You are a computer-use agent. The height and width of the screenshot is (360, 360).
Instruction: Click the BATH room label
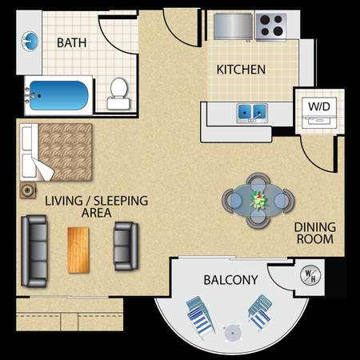coord(72,42)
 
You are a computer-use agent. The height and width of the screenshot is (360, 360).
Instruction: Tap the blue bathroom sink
coord(30,41)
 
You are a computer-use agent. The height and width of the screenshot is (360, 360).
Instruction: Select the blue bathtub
coord(58,95)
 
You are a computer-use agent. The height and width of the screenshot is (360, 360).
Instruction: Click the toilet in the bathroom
coord(118,94)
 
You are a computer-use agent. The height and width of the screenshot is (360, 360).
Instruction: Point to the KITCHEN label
coord(241,70)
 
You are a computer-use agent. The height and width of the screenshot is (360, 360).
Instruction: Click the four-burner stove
coord(271,26)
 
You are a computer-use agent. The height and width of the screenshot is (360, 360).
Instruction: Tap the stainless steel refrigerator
coord(233,26)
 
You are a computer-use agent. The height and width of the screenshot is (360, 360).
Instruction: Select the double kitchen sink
coord(252,113)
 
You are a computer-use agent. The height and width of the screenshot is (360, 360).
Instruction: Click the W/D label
coord(319,106)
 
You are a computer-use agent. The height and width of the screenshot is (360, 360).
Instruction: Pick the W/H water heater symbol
coord(310,276)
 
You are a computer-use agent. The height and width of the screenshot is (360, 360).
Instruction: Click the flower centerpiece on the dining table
coord(258,200)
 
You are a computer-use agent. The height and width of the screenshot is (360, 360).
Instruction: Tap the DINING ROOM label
coord(315,233)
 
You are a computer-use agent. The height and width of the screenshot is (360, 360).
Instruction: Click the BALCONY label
coord(230,280)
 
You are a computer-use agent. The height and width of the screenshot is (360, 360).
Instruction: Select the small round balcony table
coord(233,333)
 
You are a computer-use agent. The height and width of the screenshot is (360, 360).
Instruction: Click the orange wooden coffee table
coord(78,250)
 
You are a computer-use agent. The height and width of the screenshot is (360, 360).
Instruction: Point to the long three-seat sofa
coord(34,251)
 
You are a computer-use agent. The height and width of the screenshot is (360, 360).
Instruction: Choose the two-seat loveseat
coord(126,246)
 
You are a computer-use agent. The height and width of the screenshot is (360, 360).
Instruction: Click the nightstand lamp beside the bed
coord(27,190)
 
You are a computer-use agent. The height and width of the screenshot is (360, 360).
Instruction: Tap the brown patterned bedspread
coord(65,152)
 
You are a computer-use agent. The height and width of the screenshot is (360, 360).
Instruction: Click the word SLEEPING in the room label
coord(121,201)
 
